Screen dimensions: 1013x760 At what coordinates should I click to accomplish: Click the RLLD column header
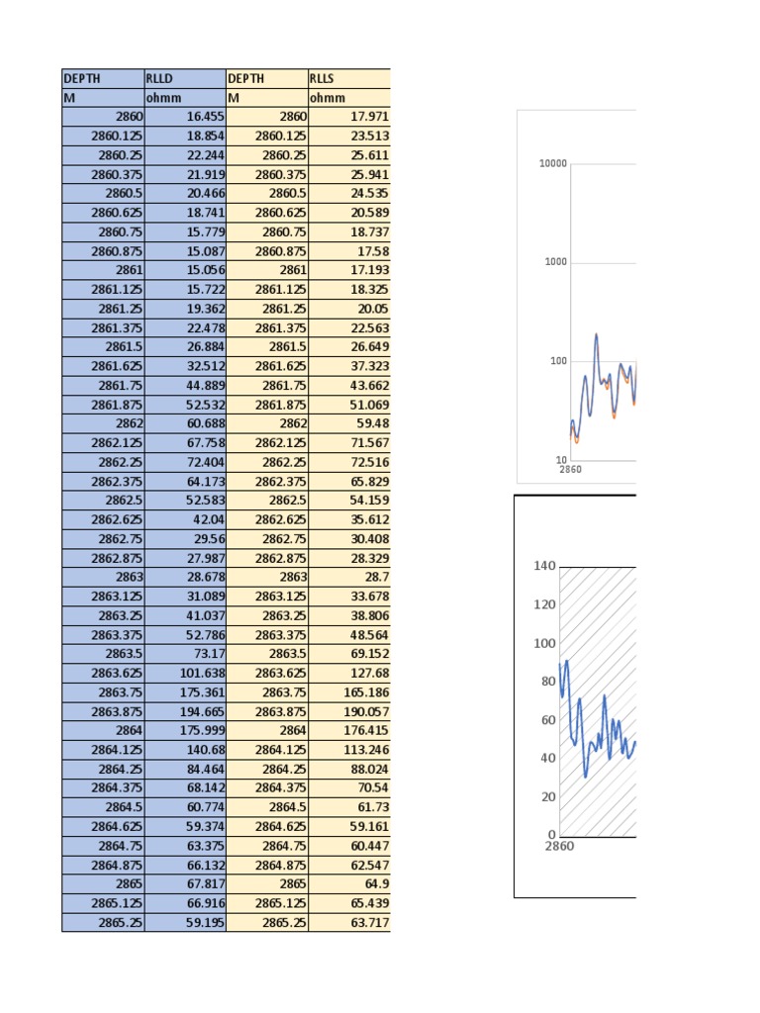(184, 79)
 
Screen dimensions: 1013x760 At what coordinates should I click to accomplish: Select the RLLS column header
(349, 79)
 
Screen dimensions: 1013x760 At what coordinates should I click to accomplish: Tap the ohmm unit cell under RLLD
(184, 98)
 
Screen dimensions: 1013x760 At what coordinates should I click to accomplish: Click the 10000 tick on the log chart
(553, 164)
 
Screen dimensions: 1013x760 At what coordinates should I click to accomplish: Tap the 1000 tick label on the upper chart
(556, 262)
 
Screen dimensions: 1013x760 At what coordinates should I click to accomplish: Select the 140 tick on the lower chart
(544, 566)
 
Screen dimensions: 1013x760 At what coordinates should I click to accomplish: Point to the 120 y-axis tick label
(544, 604)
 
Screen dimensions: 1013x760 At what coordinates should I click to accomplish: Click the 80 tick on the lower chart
(547, 682)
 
